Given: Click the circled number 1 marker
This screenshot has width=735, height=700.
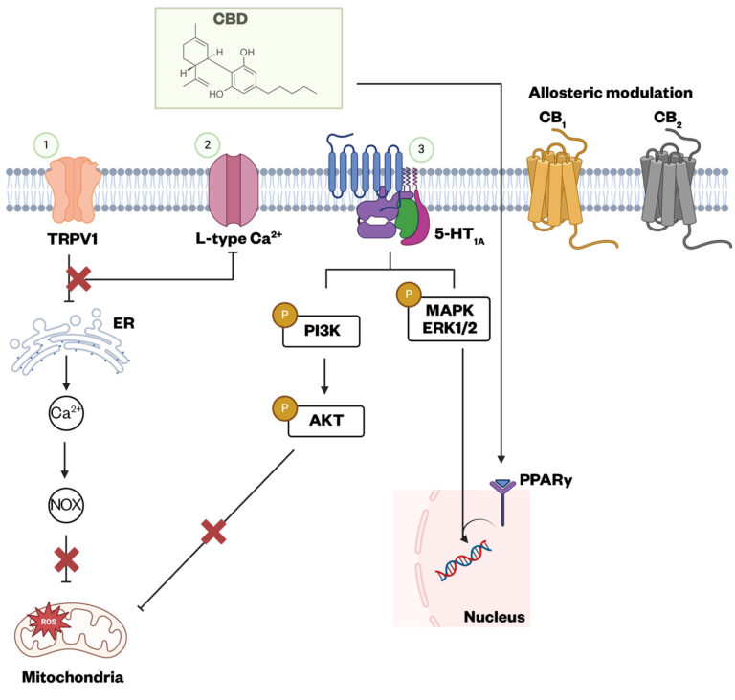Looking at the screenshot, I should pyautogui.click(x=47, y=144).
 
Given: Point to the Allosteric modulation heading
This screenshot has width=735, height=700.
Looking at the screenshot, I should pyautogui.click(x=611, y=93).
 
